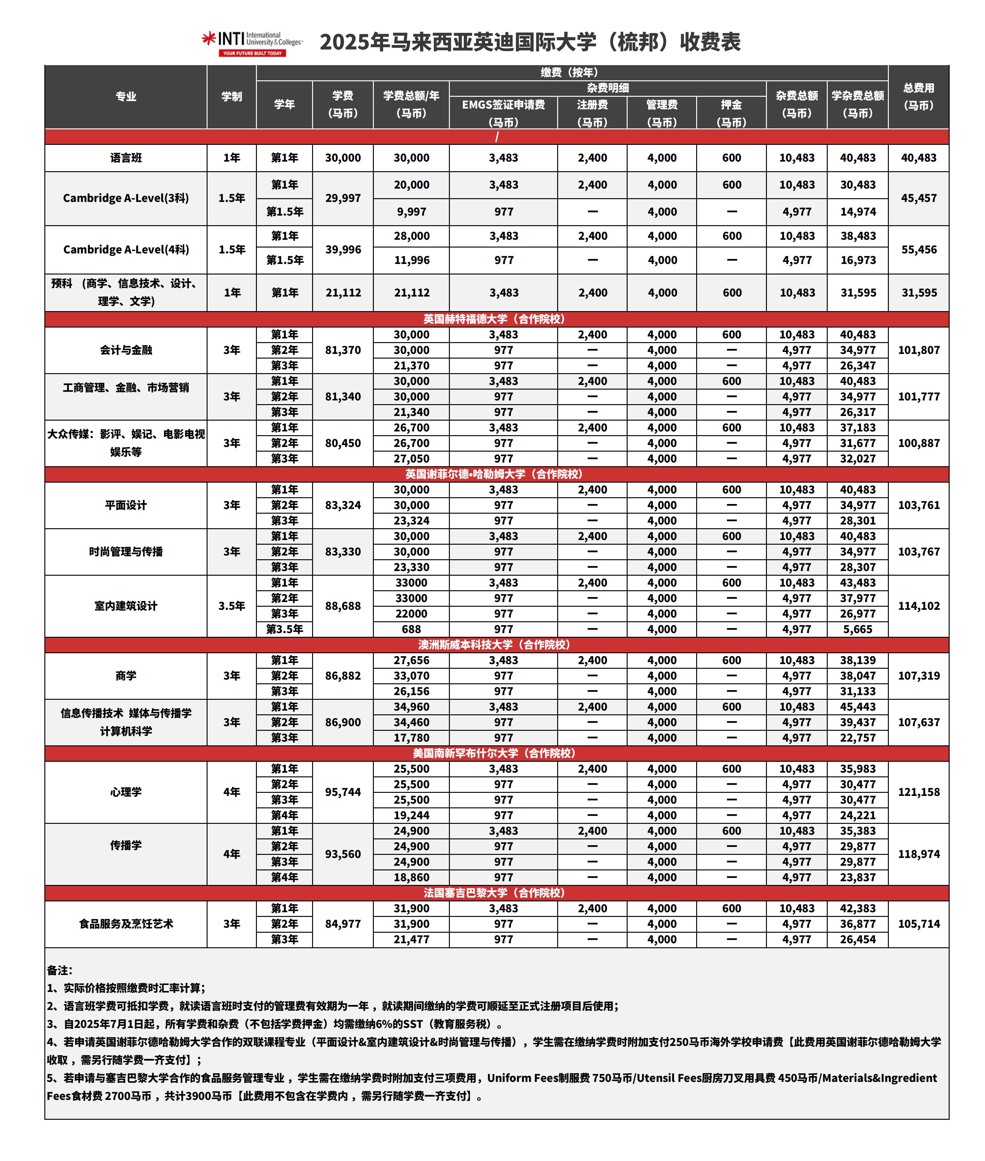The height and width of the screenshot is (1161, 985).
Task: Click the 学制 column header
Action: coord(232,96)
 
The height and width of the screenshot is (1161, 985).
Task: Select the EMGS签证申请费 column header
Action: coord(503,105)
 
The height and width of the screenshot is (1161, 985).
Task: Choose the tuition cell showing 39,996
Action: coord(343,249)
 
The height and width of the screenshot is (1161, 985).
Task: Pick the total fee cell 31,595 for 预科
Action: coord(919,292)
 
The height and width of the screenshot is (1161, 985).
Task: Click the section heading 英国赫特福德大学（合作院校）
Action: coord(494,319)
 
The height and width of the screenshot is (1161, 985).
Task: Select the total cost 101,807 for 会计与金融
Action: coord(919,350)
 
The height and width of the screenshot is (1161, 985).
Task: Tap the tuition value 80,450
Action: coord(343,443)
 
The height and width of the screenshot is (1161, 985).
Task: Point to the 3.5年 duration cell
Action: coord(232,605)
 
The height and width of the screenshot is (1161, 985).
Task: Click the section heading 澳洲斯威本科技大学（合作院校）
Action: coord(494,645)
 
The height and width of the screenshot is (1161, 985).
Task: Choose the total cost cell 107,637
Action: coord(919,722)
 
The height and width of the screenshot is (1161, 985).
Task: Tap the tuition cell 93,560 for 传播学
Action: coord(343,854)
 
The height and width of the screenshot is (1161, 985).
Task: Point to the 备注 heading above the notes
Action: coord(59,970)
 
